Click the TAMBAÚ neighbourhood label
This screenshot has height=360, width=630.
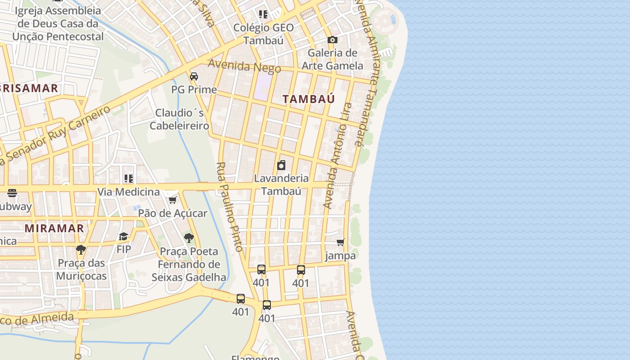tap(309, 99)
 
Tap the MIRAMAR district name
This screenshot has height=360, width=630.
tap(54, 228)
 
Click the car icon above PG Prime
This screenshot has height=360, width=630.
tap(194, 76)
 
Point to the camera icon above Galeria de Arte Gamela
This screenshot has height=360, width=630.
tap(333, 40)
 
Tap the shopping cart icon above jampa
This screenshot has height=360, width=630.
tap(341, 243)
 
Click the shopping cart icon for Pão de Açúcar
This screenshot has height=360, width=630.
tap(172, 200)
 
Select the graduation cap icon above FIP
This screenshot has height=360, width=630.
tap(123, 236)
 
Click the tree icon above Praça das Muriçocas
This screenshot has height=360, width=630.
tap(81, 249)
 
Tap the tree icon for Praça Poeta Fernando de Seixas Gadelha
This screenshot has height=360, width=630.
tap(189, 238)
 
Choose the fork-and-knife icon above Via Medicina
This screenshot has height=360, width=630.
tap(129, 179)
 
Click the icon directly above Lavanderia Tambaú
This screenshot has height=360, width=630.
tap(281, 165)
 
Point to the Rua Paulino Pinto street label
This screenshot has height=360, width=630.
tap(230, 207)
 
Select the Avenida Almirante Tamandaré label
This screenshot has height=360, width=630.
tap(365, 72)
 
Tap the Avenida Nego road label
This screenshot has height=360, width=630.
tap(244, 66)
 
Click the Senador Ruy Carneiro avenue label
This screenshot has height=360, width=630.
tap(56, 135)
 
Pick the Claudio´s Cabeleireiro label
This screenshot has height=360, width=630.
tap(180, 119)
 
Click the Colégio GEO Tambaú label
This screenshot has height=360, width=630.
tap(263, 34)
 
